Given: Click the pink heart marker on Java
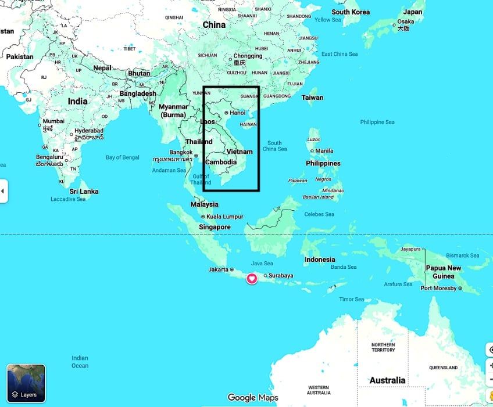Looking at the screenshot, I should point(252,279).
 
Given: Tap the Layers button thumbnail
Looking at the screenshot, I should point(26,383).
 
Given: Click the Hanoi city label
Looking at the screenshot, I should point(238,113).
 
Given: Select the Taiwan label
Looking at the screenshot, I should point(312,98).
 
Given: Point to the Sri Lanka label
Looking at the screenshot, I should point(84,192).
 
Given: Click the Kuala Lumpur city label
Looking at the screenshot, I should point(224,217).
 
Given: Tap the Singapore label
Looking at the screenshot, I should point(215,227).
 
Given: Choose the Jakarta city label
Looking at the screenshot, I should point(218,269).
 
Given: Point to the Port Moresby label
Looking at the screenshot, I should point(439,288).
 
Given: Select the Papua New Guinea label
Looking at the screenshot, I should point(444,272).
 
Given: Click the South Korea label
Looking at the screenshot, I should point(351,12).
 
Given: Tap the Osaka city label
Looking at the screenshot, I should point(405,22).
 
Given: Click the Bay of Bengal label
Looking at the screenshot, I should point(123,157).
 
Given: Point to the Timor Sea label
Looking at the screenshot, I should point(351,300).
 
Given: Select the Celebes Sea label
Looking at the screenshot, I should point(319,214).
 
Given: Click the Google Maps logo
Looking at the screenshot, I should point(253,398).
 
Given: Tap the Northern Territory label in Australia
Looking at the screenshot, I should point(383,347).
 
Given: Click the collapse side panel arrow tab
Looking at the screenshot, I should point(3,190).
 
